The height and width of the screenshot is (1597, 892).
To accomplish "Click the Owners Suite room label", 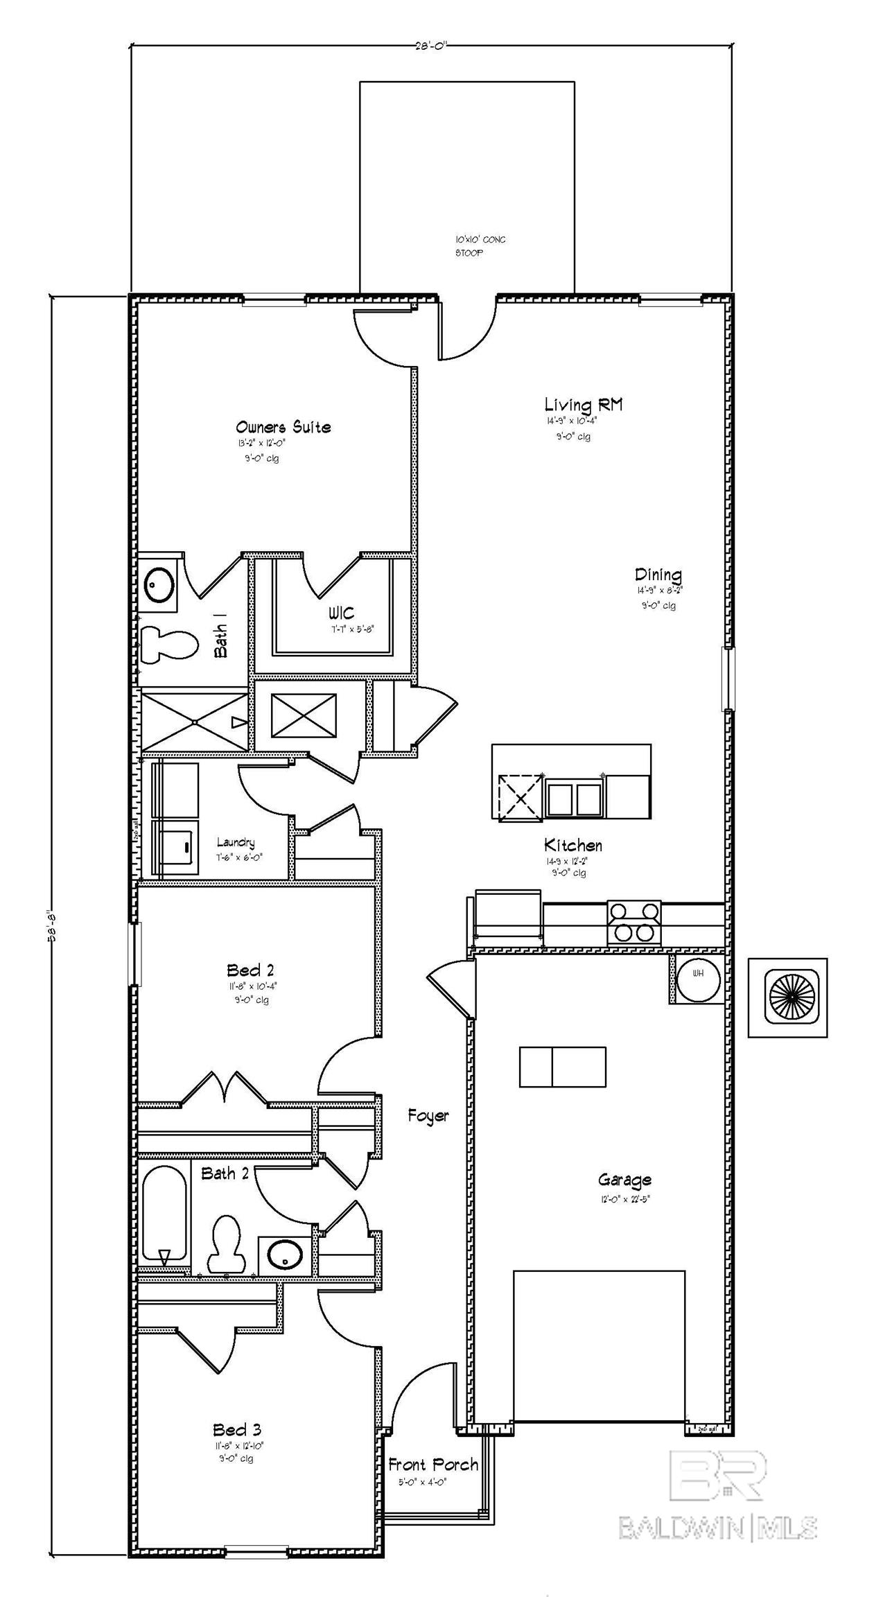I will (x=283, y=427).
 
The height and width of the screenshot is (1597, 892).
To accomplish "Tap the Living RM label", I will (x=583, y=404).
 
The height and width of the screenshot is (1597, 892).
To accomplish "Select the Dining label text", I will (x=658, y=575).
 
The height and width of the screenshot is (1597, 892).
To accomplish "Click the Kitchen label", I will (x=572, y=845).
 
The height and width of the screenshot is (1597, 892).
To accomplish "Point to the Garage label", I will (x=624, y=1180).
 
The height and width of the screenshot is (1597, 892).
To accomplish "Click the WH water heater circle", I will (x=698, y=979).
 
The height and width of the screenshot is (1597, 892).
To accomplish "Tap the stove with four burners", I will (x=634, y=923).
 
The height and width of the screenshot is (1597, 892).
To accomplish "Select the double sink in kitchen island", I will (x=574, y=798).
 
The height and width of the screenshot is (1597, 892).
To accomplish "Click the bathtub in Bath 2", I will (x=164, y=1214).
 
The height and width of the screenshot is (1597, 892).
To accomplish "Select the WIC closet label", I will (x=341, y=613).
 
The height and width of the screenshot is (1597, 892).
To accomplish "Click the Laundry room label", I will (x=236, y=843).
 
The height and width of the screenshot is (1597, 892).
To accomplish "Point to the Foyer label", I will (x=428, y=1115).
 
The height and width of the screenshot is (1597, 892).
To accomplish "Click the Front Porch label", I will (x=433, y=1465).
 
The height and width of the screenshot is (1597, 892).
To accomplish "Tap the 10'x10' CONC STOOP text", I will (x=480, y=246).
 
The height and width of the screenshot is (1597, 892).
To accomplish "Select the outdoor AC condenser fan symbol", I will (x=788, y=997).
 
